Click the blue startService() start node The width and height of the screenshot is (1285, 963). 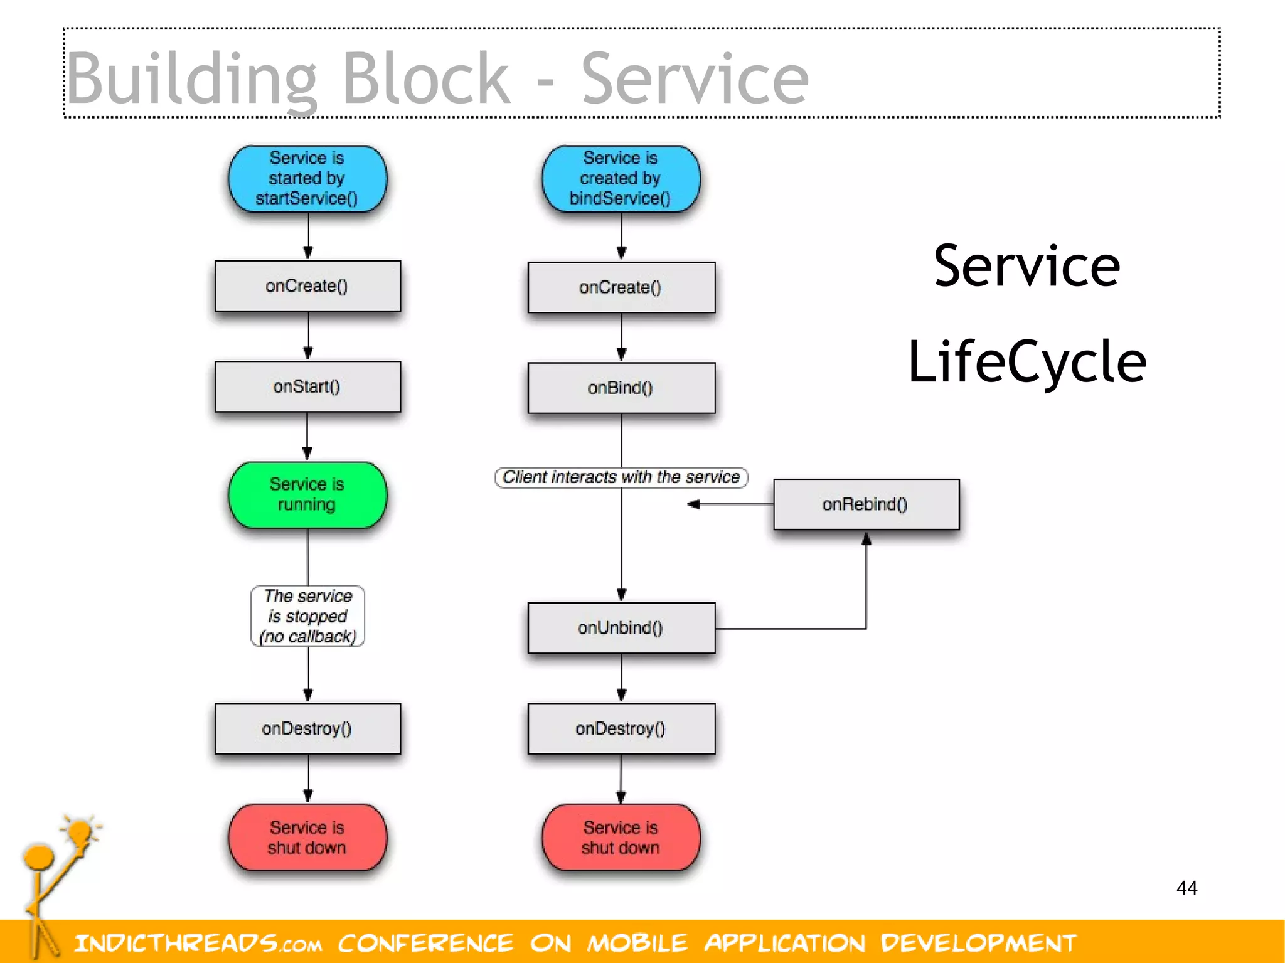tap(307, 178)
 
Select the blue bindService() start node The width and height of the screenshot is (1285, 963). tap(621, 178)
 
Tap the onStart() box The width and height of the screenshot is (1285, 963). tap(307, 386)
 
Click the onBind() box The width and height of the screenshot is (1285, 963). tap(621, 388)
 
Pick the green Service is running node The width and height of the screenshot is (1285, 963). tap(307, 494)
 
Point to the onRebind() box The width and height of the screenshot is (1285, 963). tap(866, 504)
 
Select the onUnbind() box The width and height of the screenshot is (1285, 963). tap(621, 628)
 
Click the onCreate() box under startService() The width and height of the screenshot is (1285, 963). tap(307, 286)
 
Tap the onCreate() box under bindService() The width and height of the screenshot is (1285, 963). tap(621, 287)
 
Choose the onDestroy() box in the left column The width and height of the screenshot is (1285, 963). tap(307, 728)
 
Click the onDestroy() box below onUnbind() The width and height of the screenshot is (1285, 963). tap(621, 728)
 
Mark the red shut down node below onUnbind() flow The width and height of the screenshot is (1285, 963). tap(621, 837)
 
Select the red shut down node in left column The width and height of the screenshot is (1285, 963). tap(307, 837)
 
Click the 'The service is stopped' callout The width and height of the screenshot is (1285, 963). tap(307, 616)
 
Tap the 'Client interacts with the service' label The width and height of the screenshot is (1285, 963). tap(621, 477)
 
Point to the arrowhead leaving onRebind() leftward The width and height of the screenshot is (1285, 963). tap(693, 504)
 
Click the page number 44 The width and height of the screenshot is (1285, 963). tap(1186, 888)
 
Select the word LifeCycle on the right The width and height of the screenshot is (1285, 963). tap(1027, 362)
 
